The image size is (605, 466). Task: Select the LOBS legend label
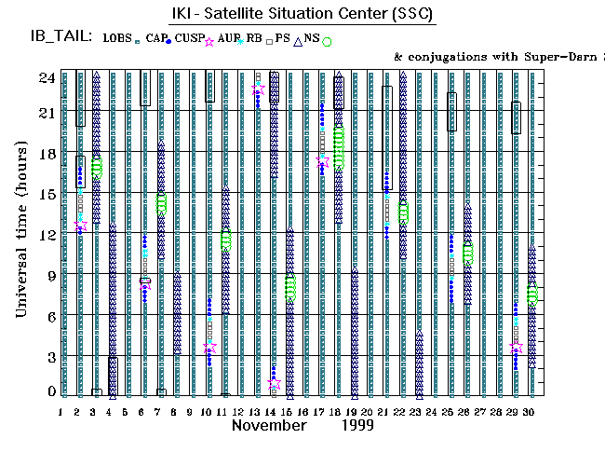pyautogui.click(x=117, y=38)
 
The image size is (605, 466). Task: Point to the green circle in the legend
pyautogui.click(x=327, y=41)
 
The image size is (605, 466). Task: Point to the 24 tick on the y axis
pyautogui.click(x=46, y=77)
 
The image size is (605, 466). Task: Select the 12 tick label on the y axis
pyautogui.click(x=46, y=235)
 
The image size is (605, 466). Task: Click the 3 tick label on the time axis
pyautogui.click(x=50, y=357)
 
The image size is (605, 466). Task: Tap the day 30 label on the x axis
pyautogui.click(x=529, y=411)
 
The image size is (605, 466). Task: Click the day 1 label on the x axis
pyautogui.click(x=61, y=411)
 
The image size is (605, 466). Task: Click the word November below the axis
pyautogui.click(x=268, y=425)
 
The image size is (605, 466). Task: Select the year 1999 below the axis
pyautogui.click(x=357, y=425)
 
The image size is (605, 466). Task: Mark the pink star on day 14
pyautogui.click(x=274, y=383)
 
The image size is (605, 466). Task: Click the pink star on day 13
pyautogui.click(x=258, y=89)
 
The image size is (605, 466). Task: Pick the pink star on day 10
pyautogui.click(x=209, y=348)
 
